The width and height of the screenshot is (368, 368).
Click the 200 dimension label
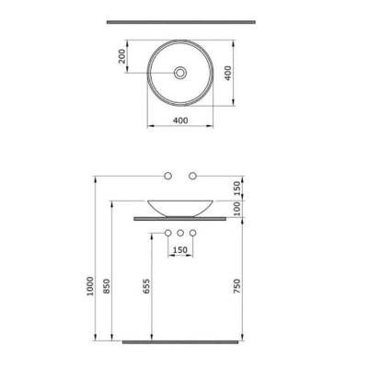[121, 56]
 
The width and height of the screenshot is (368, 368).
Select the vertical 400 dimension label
[228, 73]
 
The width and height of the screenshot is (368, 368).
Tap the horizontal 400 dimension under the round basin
[180, 121]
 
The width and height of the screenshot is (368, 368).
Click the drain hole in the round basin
[180, 73]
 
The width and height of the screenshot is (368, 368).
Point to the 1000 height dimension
[90, 286]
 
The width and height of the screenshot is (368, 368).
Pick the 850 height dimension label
[107, 286]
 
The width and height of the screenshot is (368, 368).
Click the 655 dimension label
[146, 286]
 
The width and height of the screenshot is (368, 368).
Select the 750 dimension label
[237, 286]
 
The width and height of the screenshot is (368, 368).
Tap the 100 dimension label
[237, 209]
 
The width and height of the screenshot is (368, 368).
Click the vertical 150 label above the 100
[237, 189]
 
